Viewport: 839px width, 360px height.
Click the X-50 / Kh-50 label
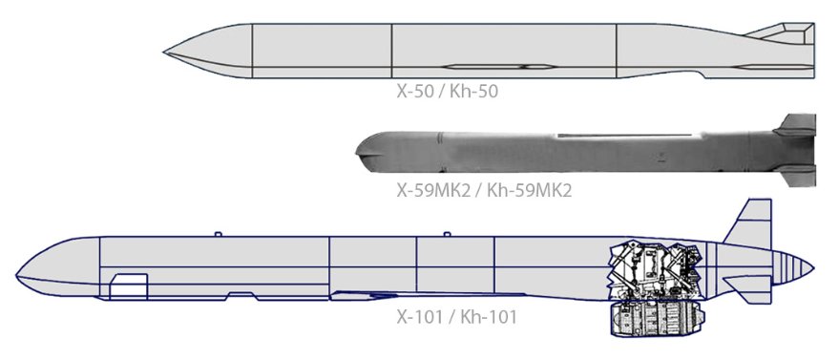coord(448,92)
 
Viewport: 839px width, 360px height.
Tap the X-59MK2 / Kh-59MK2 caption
coord(484,190)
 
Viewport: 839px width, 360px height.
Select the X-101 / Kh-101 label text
coord(457,317)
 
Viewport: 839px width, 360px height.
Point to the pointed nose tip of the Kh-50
coord(164,53)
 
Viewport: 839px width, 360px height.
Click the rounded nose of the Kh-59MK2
coord(369,152)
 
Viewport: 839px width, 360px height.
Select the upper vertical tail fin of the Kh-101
coord(752,223)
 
